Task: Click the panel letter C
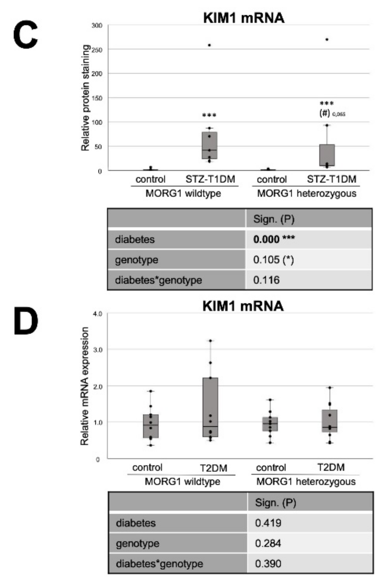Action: [26, 36]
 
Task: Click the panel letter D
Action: [26, 322]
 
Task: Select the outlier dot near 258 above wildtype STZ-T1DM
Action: [209, 45]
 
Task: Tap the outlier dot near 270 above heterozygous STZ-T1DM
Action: [327, 39]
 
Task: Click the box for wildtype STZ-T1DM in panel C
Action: [209, 145]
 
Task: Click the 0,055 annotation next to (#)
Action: [339, 115]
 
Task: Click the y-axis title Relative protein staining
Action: [85, 98]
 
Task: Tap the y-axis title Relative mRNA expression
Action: [85, 386]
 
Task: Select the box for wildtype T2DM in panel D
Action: [210, 407]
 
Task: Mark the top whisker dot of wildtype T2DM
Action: [210, 341]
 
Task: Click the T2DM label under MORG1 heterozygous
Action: [331, 468]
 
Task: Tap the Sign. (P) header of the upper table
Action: [274, 219]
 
